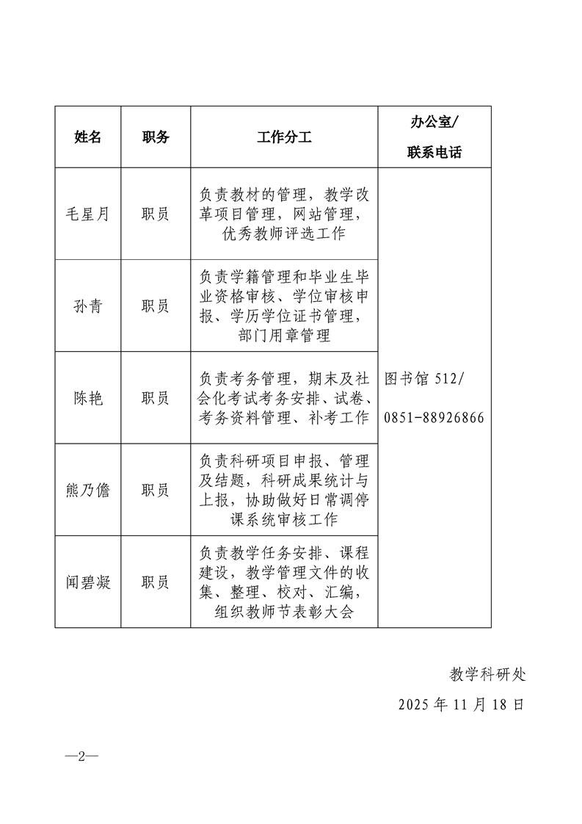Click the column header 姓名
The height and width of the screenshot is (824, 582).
[x=88, y=137]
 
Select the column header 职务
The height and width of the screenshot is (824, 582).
[x=156, y=137]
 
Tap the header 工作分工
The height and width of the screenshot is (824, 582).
[x=284, y=137]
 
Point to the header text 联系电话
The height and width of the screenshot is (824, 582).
[x=434, y=153]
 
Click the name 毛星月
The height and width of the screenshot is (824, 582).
[x=88, y=214]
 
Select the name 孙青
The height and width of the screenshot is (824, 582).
[x=88, y=306]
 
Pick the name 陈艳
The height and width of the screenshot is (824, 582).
[x=88, y=398]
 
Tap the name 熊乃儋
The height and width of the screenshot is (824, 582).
[x=88, y=490]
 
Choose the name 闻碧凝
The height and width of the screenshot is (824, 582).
[x=88, y=582]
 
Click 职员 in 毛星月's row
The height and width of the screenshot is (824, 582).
[x=156, y=214]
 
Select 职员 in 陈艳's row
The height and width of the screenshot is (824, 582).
[x=156, y=398]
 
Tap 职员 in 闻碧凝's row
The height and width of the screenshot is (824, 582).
[x=156, y=582]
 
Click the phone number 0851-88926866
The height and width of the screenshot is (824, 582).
[x=434, y=417]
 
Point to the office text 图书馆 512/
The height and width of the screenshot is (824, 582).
[x=424, y=379]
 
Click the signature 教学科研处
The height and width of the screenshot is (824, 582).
[x=487, y=673]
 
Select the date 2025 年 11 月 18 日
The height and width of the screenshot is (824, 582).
[x=462, y=704]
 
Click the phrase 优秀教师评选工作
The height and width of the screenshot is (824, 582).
[x=284, y=234]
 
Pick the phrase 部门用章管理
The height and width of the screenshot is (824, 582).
[x=284, y=336]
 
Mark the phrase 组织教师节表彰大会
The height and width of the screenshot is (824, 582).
[x=284, y=612]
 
